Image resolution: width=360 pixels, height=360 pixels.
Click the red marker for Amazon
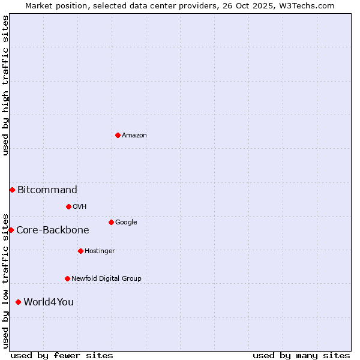click(118, 135)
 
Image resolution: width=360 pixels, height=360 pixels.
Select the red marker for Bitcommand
click(12, 190)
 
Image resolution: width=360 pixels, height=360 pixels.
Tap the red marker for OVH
click(68, 206)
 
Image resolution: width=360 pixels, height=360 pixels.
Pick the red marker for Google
click(111, 222)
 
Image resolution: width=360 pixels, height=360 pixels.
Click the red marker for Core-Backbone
click(11, 230)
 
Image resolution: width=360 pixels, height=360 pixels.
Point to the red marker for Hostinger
click(80, 251)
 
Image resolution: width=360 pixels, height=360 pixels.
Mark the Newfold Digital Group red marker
click(67, 278)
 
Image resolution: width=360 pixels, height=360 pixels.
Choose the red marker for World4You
click(18, 302)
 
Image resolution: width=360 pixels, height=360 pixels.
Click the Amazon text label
click(134, 136)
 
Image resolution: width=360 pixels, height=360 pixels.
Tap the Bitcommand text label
click(47, 190)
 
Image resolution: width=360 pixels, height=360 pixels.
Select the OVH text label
click(80, 207)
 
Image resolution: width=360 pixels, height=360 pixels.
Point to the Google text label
click(126, 223)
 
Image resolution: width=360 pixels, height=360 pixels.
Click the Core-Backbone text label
click(53, 230)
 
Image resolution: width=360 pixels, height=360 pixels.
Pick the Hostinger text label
click(100, 251)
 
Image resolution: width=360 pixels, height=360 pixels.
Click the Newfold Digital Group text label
click(106, 279)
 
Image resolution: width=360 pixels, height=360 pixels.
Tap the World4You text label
click(49, 302)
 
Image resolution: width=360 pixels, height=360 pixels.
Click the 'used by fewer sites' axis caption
click(62, 355)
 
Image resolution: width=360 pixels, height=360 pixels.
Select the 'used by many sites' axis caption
click(301, 355)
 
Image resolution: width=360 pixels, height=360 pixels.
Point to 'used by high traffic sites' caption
click(5, 85)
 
